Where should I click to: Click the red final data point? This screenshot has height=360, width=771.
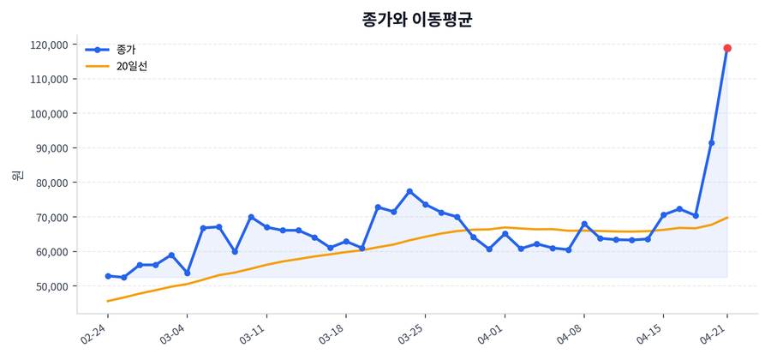click(x=727, y=48)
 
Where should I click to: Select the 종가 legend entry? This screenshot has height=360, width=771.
click(x=125, y=49)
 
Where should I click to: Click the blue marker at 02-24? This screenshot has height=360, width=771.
click(x=108, y=276)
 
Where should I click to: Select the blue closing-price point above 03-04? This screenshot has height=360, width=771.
click(x=187, y=273)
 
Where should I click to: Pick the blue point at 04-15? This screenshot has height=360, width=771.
click(x=664, y=215)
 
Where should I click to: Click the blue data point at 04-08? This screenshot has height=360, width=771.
click(x=584, y=224)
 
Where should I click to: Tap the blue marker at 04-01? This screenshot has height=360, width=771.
click(x=505, y=234)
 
